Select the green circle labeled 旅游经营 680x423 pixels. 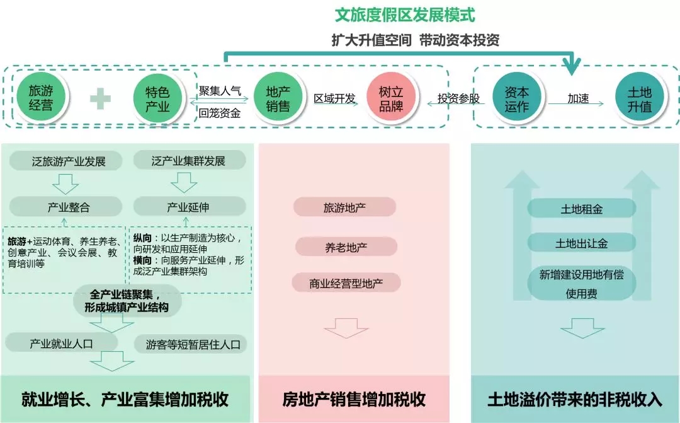[41, 98]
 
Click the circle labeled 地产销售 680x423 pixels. [277, 98]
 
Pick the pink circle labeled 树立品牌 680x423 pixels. [390, 98]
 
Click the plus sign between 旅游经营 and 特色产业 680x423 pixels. [99, 99]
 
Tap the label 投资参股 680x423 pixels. [458, 99]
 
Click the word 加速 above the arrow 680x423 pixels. [577, 98]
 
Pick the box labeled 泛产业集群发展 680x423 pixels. [188, 161]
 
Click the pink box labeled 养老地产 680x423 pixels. [346, 247]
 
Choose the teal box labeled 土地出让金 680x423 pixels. [581, 243]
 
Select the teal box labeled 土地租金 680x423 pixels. [581, 209]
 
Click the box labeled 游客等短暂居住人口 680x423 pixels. [193, 345]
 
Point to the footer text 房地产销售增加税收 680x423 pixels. [354, 399]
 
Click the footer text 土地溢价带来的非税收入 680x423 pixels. [575, 399]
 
